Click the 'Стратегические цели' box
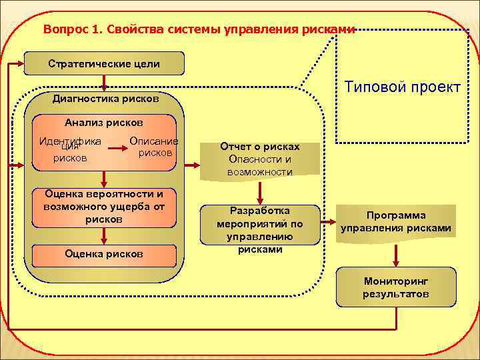click(x=103, y=64)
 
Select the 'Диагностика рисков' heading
click(x=105, y=99)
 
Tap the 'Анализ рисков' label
click(x=103, y=123)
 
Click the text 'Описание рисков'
click(x=154, y=147)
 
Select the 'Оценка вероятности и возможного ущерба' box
click(x=103, y=206)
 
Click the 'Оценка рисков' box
click(x=103, y=254)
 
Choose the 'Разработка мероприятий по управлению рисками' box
click(x=260, y=229)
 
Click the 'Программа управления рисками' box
click(x=396, y=222)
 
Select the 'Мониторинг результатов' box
click(x=396, y=287)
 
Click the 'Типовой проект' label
click(x=402, y=87)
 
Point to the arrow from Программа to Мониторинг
click(x=396, y=254)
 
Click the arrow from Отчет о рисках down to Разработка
click(x=260, y=191)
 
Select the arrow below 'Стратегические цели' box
click(x=103, y=83)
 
